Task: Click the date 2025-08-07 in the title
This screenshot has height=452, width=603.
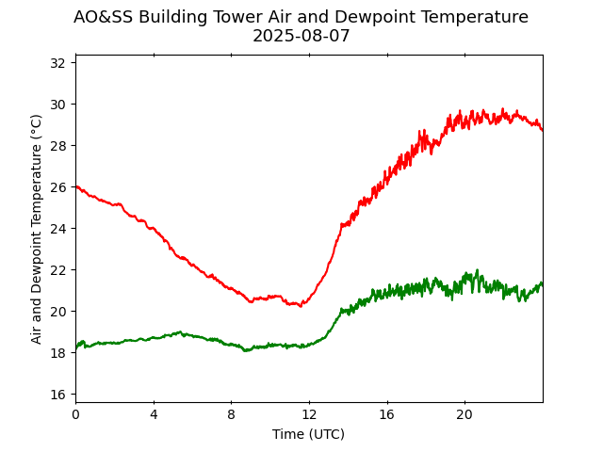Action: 301,37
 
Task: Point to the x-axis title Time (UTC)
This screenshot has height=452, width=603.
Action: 308,434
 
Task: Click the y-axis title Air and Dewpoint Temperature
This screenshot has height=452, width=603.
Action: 37,229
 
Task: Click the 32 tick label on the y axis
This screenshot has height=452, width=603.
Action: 57,63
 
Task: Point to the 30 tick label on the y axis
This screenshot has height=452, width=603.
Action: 57,105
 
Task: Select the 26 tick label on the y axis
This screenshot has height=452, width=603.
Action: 57,187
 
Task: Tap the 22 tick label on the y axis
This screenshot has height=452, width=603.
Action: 57,270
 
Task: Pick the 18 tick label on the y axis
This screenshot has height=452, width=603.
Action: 57,353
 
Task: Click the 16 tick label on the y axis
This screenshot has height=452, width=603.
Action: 57,395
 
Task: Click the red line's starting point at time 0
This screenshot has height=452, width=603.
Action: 76,186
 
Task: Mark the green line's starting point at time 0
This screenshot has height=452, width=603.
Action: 76,347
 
